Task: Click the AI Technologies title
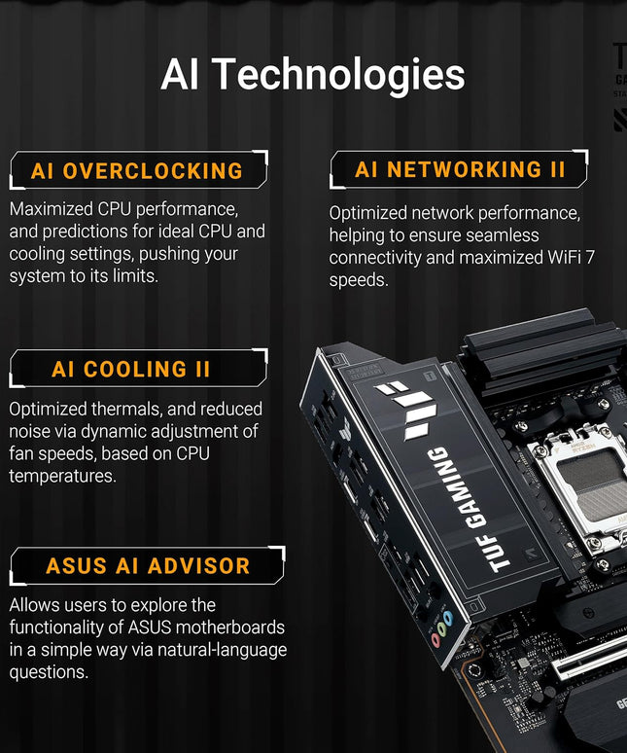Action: pyautogui.click(x=313, y=75)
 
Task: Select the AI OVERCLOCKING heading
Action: pyautogui.click(x=137, y=171)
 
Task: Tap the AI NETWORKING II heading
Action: pyautogui.click(x=460, y=169)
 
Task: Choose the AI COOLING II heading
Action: pyautogui.click(x=131, y=370)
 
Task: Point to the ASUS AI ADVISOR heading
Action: pyautogui.click(x=148, y=565)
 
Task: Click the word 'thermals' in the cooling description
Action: pyautogui.click(x=118, y=410)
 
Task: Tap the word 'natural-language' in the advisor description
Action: pyautogui.click(x=223, y=650)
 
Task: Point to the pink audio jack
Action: pyautogui.click(x=436, y=640)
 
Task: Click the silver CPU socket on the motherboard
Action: pyautogui.click(x=584, y=482)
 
